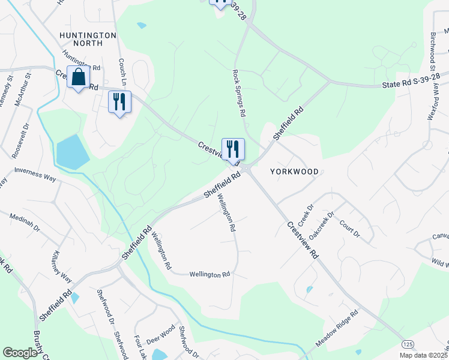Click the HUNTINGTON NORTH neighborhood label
tap(88, 39)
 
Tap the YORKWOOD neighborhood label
tap(294, 170)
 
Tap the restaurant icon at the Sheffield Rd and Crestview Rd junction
tap(233, 148)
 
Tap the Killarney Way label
tap(63, 266)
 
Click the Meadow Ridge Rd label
tap(337, 329)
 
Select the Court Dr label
tap(349, 227)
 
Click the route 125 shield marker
tap(408, 344)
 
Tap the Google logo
tap(20, 352)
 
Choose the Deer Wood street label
tap(160, 334)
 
